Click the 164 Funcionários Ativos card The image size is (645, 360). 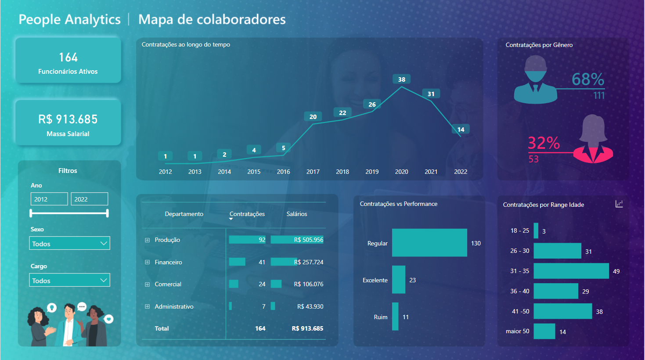click(x=68, y=61)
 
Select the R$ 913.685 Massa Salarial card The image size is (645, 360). click(x=68, y=123)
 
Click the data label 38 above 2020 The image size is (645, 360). click(x=401, y=79)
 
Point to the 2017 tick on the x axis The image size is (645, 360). click(x=313, y=172)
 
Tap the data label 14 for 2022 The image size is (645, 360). click(x=461, y=129)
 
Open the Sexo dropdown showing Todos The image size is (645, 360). click(x=69, y=243)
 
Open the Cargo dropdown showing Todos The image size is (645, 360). click(x=69, y=280)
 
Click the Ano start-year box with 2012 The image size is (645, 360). click(x=49, y=199)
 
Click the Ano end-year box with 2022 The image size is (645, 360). click(x=89, y=199)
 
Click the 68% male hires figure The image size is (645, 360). click(x=587, y=79)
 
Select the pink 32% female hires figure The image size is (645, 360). click(x=544, y=143)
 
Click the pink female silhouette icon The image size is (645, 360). click(x=593, y=139)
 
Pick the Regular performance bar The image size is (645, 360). click(x=429, y=243)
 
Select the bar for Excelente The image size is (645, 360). click(x=398, y=280)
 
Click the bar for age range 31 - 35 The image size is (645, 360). click(x=571, y=271)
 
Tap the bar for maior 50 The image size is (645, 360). click(x=544, y=331)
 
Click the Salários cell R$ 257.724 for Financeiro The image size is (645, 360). click(x=308, y=262)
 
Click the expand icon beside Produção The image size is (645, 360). click(x=148, y=240)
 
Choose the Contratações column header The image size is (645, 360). click(x=247, y=214)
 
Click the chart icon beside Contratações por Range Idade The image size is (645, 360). click(x=619, y=204)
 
